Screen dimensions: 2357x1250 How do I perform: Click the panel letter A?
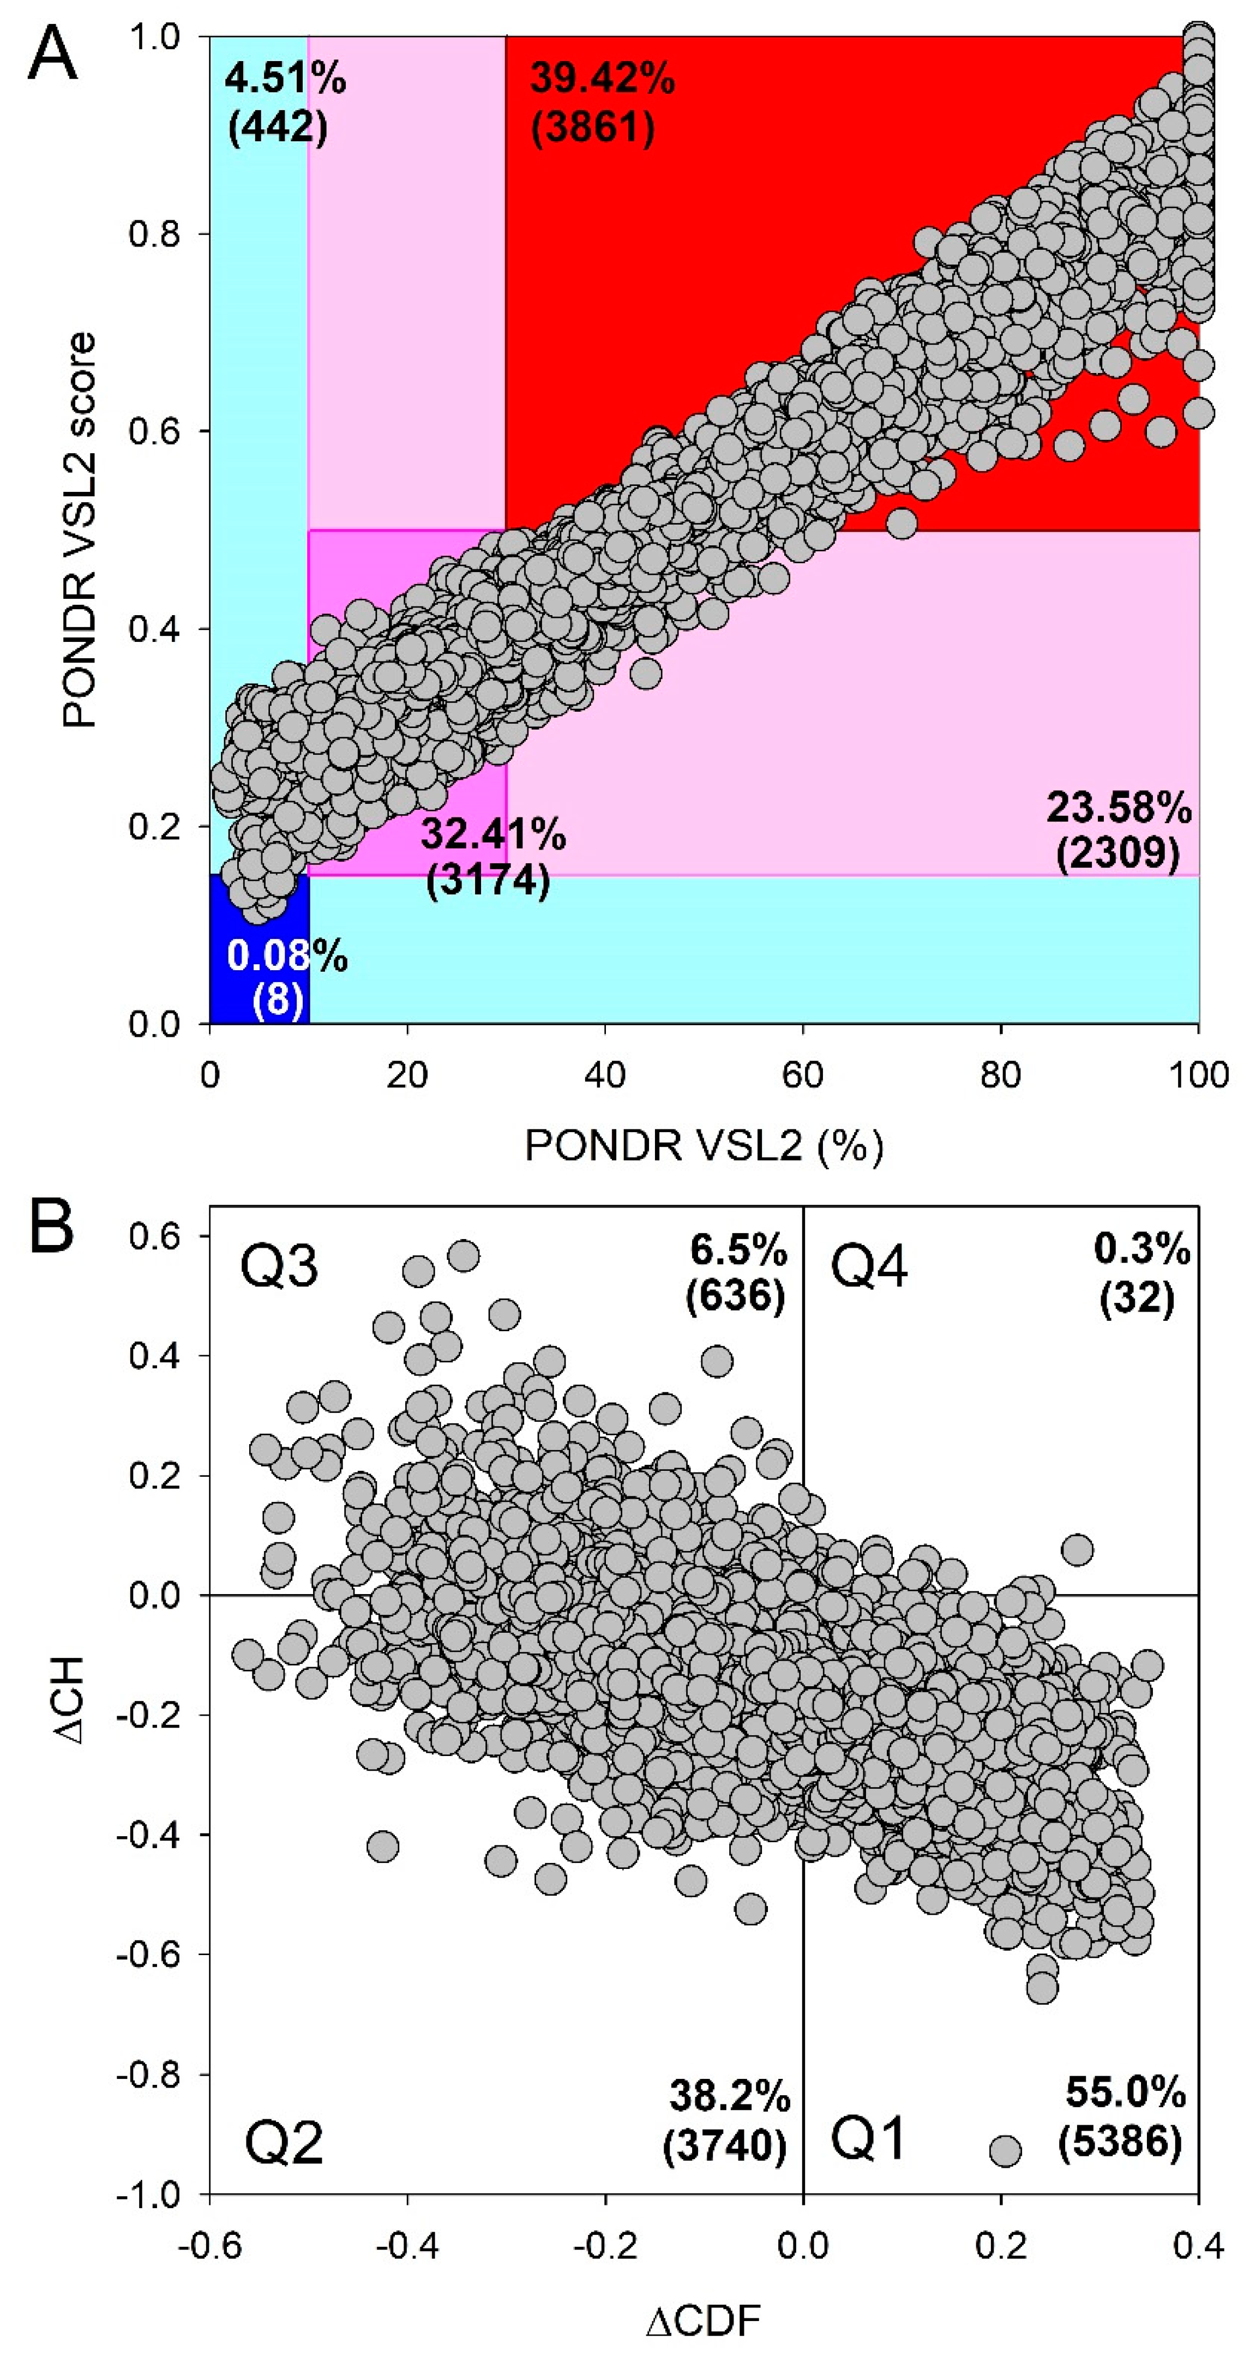click(x=53, y=53)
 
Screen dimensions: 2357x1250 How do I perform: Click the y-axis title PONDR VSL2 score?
click(x=81, y=531)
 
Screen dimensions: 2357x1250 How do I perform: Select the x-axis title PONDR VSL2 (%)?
click(x=704, y=1146)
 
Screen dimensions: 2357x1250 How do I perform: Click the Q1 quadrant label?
click(x=868, y=2139)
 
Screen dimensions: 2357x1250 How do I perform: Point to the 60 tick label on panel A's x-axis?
click(x=803, y=1074)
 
